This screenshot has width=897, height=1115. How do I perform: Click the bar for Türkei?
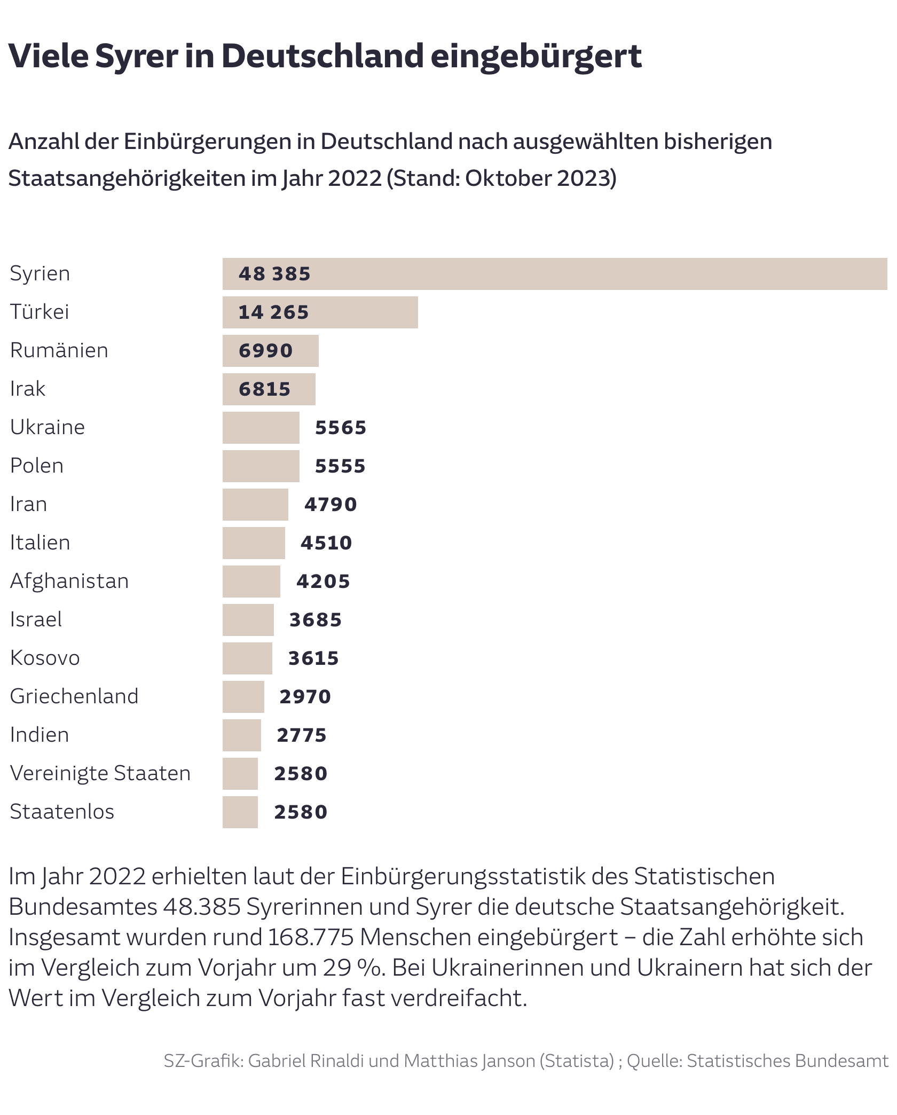click(320, 312)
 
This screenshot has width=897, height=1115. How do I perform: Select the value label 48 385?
click(274, 274)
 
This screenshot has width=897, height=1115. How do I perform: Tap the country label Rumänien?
click(59, 351)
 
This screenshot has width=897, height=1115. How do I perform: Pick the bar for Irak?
click(269, 389)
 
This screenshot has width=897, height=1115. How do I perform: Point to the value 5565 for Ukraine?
click(341, 428)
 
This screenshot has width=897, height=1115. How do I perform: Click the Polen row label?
click(37, 466)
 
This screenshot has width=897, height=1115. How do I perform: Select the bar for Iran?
click(255, 505)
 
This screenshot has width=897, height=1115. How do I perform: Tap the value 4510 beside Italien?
click(326, 543)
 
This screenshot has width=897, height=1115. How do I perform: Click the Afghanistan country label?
click(69, 582)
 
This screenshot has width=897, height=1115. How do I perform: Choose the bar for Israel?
click(248, 620)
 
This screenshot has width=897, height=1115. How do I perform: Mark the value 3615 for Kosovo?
click(313, 658)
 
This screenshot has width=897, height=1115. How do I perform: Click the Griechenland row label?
click(74, 697)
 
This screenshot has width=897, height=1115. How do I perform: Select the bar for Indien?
click(241, 735)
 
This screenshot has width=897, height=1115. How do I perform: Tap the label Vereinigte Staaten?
click(100, 774)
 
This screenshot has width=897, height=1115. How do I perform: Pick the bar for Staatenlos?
click(240, 812)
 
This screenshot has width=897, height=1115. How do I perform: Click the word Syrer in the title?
click(137, 57)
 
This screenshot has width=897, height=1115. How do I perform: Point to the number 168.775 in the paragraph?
click(311, 937)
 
